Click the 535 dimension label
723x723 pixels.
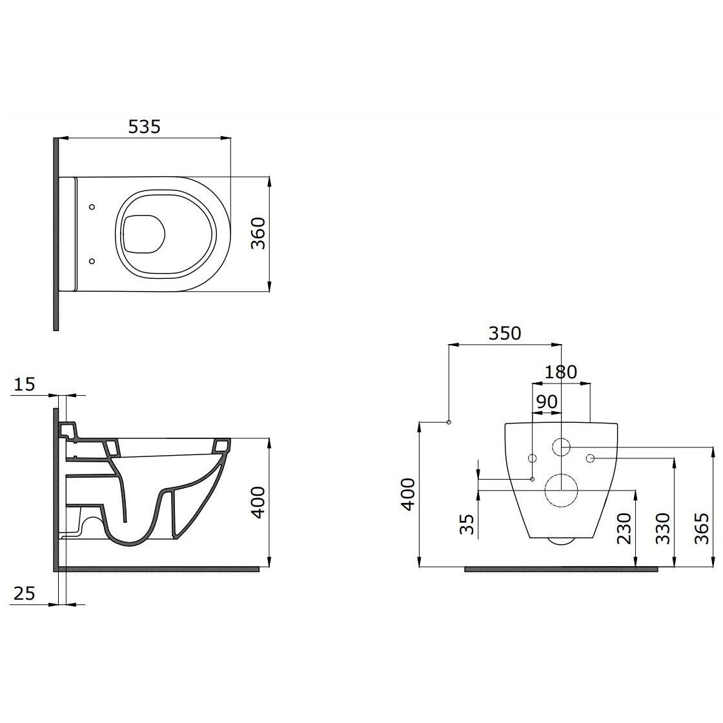(x=144, y=127)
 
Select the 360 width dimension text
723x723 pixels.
(x=259, y=233)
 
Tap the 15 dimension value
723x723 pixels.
(x=24, y=383)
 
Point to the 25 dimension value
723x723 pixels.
(x=24, y=593)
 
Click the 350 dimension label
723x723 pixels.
(x=505, y=333)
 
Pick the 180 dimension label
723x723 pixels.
(x=561, y=372)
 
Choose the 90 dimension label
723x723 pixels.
(x=547, y=402)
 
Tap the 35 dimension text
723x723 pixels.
(x=467, y=524)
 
